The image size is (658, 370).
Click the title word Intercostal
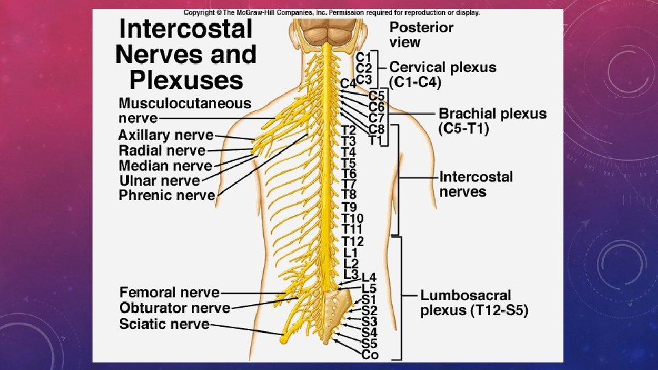pyautogui.click(x=186, y=29)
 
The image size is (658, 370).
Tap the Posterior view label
pyautogui.click(x=421, y=34)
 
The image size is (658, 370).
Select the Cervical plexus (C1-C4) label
pyautogui.click(x=442, y=74)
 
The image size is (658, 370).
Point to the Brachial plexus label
pyautogui.click(x=492, y=121)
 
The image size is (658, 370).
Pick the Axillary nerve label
pyautogui.click(x=165, y=136)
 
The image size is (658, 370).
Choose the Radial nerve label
pyautogui.click(x=162, y=151)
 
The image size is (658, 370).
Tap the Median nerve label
pyautogui.click(x=165, y=166)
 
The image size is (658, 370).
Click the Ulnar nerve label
pyautogui.click(x=159, y=181)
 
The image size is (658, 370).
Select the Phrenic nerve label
pyautogui.click(x=167, y=196)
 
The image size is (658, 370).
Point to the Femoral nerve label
pyautogui.click(x=169, y=293)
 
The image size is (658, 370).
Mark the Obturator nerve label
pyautogui.click(x=174, y=308)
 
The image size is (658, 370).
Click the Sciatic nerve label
pyautogui.click(x=164, y=323)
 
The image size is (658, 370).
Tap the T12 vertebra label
pyautogui.click(x=352, y=241)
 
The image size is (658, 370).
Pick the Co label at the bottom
pyautogui.click(x=369, y=354)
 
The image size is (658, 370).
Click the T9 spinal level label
pyautogui.click(x=349, y=207)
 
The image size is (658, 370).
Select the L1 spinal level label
pyautogui.click(x=350, y=253)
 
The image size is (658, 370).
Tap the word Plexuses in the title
pyautogui.click(x=186, y=80)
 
